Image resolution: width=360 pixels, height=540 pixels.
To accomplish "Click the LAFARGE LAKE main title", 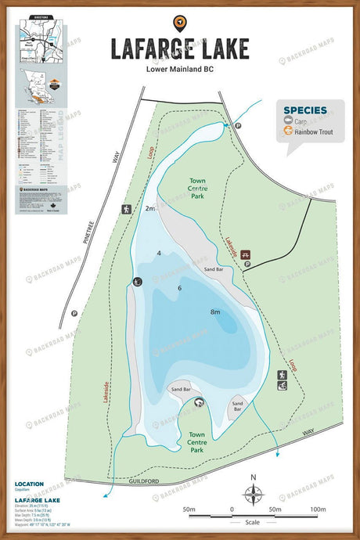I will pyautogui.click(x=179, y=49).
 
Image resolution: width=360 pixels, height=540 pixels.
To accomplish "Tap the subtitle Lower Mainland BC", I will pyautogui.click(x=179, y=68).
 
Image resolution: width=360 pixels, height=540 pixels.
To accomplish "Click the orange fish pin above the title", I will pyautogui.click(x=179, y=23).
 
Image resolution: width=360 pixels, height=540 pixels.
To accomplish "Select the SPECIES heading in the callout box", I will pyautogui.click(x=304, y=110).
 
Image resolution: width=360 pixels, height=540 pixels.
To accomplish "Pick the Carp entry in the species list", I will pyautogui.click(x=301, y=122).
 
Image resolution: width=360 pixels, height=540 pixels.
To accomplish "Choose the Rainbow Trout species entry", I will pyautogui.click(x=312, y=132).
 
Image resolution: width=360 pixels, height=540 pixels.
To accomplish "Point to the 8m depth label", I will pyautogui.click(x=215, y=311).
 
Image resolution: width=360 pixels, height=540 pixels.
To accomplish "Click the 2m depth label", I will pyautogui.click(x=149, y=209).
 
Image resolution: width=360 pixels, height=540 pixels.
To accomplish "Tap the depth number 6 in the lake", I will pyautogui.click(x=179, y=289).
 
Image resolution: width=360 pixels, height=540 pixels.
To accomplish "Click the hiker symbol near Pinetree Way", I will pyautogui.click(x=125, y=209).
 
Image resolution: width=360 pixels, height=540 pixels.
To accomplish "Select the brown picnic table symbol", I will pyautogui.click(x=246, y=254).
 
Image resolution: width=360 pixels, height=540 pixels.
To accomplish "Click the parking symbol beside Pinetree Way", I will pyautogui.click(x=74, y=313).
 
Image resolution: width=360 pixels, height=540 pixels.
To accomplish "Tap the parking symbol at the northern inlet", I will pyautogui.click(x=239, y=125).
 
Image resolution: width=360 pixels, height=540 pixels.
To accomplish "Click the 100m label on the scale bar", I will pyautogui.click(x=317, y=509).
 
